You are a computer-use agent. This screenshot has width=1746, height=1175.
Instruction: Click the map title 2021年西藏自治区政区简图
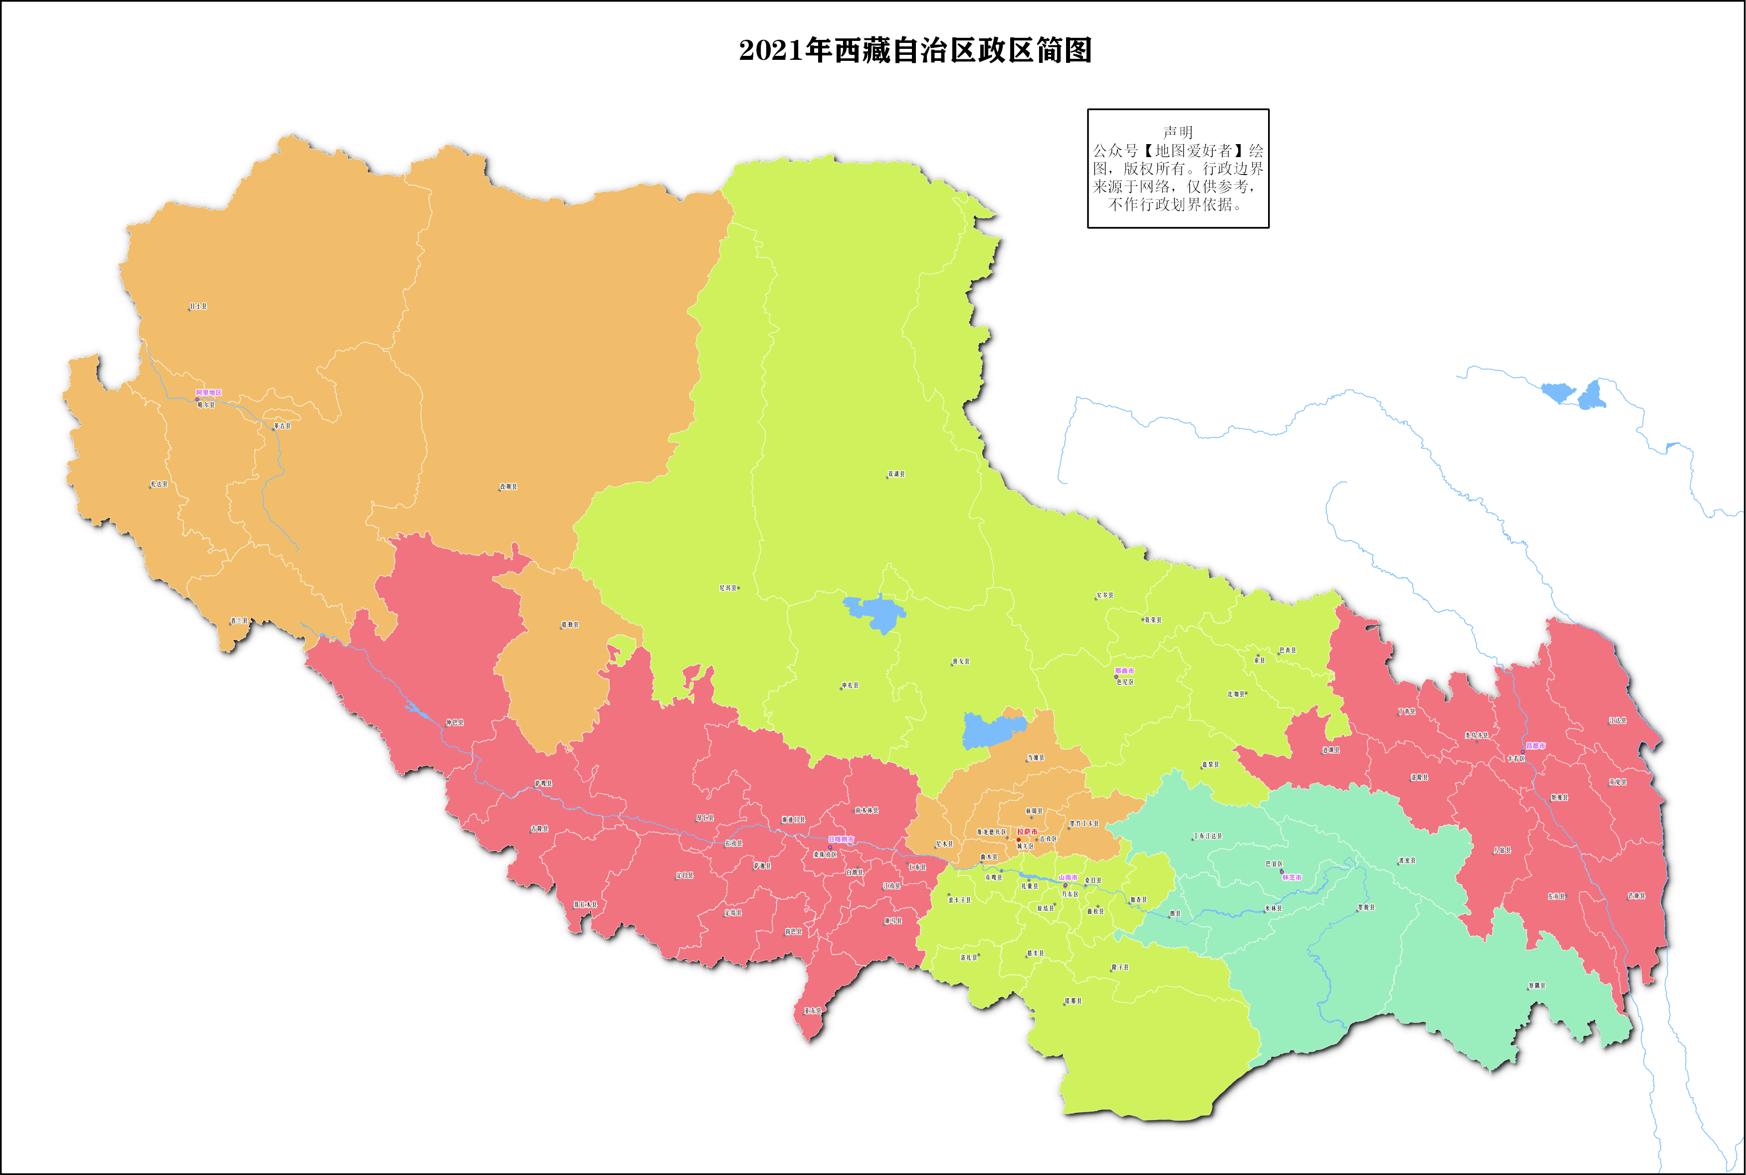[915, 50]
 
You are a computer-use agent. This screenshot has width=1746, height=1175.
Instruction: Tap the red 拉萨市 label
[1027, 832]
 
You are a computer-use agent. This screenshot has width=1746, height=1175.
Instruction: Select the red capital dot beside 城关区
[1018, 839]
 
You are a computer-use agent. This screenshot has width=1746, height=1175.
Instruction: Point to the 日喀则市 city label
[840, 839]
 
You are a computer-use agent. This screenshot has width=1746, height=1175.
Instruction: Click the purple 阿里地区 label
[209, 392]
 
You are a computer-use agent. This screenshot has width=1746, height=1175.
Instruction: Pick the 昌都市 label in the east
[1534, 746]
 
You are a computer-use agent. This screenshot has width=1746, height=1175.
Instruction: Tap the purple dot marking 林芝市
[1282, 871]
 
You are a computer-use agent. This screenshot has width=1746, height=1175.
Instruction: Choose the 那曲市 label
[1124, 671]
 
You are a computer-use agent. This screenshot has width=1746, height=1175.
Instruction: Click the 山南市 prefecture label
[1068, 877]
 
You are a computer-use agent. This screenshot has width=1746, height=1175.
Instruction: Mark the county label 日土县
[199, 307]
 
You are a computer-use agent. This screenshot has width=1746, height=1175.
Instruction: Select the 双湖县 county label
[896, 474]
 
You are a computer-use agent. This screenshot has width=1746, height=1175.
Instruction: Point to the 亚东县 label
[813, 1011]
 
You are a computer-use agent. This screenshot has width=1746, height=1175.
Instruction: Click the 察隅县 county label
[1536, 985]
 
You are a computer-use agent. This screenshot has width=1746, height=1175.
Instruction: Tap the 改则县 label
[509, 486]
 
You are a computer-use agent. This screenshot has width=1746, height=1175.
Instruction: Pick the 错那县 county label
[1073, 1001]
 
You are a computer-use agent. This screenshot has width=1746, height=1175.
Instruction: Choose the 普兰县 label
[239, 621]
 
